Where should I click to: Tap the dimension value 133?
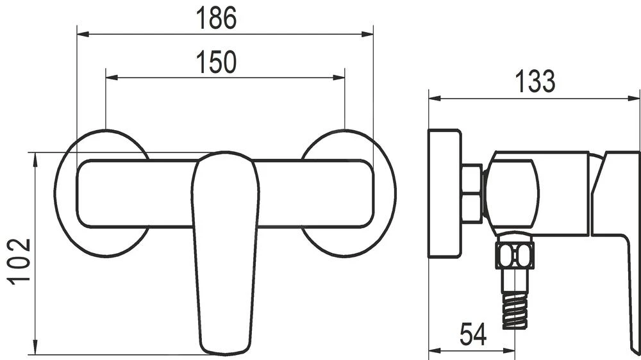tap(534, 82)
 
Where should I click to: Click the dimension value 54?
tap(472, 334)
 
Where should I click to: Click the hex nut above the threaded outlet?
tap(515, 255)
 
